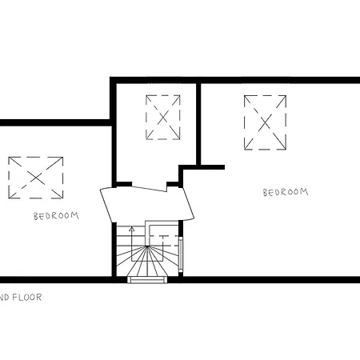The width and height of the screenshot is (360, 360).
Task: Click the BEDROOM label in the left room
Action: [x=56, y=215]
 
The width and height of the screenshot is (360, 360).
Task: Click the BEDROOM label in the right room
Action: [x=286, y=192]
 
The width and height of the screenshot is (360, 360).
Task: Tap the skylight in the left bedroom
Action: [x=36, y=177]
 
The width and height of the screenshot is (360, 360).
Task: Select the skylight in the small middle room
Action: [x=164, y=117]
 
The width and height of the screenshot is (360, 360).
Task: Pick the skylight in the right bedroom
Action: [x=266, y=122]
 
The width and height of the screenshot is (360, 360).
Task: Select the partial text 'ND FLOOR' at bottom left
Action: [x=20, y=296]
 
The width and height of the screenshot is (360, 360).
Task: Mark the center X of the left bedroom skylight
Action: [x=36, y=177]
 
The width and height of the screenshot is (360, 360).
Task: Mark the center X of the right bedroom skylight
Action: [x=266, y=122]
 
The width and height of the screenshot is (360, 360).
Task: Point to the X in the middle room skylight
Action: [x=164, y=117]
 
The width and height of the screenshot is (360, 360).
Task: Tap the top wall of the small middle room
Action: [x=154, y=80]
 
